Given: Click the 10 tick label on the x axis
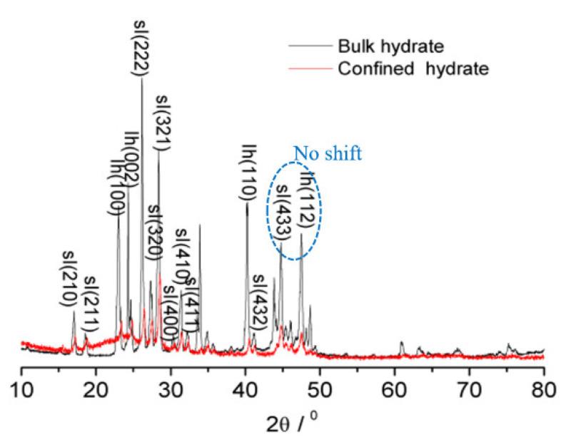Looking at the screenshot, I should [22, 391].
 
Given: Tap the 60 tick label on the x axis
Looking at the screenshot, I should [395, 391].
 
